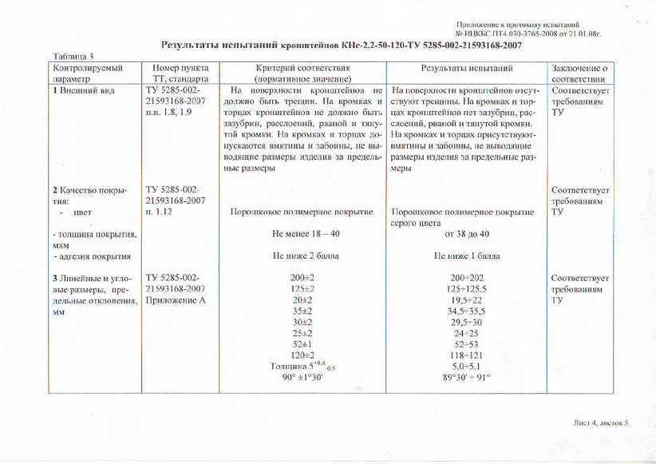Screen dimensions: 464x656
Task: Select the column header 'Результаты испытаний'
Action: pos(466,69)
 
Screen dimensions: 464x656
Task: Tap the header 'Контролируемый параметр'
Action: pos(87,74)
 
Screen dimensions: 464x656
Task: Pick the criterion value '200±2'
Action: pos(301,277)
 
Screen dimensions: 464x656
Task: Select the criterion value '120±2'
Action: pos(301,355)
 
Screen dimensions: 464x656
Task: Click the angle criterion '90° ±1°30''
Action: pos(301,378)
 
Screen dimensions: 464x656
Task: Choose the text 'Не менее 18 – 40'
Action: pos(301,235)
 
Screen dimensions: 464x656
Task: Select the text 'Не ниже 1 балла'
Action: pos(467,256)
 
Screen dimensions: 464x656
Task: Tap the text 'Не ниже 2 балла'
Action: pos(301,256)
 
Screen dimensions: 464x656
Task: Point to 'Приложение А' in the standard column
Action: pos(177,300)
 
